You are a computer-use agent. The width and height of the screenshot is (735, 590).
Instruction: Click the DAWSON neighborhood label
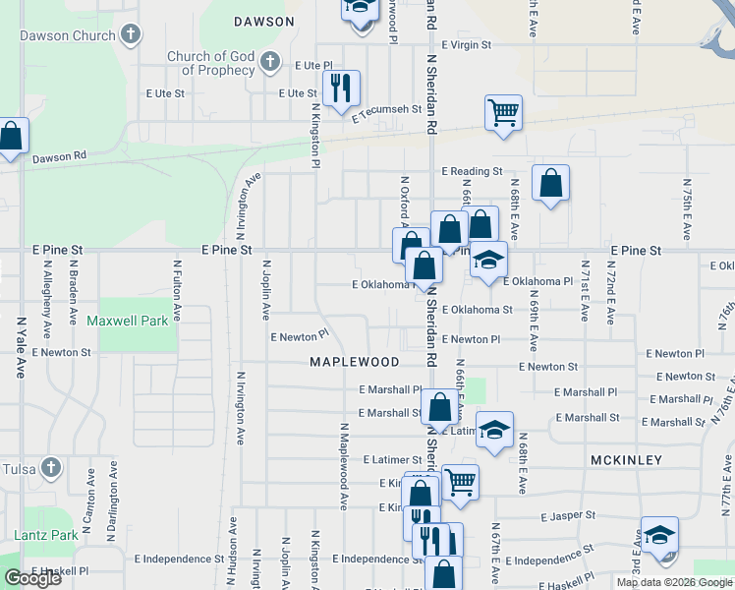click(264, 22)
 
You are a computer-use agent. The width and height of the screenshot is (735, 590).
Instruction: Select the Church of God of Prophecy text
click(210, 63)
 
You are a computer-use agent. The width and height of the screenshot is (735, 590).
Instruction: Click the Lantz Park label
click(46, 536)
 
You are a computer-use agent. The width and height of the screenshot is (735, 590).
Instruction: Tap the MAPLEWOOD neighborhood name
click(355, 362)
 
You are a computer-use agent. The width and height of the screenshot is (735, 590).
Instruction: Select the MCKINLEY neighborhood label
click(627, 460)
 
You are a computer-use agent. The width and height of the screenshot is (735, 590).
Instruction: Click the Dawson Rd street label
click(60, 156)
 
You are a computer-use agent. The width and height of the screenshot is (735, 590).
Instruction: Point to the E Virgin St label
click(479, 45)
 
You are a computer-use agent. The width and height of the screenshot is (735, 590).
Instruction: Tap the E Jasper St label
click(569, 515)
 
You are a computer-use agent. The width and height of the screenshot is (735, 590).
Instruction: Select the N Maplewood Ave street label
click(344, 466)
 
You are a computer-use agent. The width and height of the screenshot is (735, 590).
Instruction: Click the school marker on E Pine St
click(488, 261)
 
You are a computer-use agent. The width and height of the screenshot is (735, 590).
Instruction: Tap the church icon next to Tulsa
click(51, 466)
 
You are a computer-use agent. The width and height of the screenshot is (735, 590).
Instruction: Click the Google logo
click(32, 578)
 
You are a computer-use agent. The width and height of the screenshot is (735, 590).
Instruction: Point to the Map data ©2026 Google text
click(675, 582)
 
